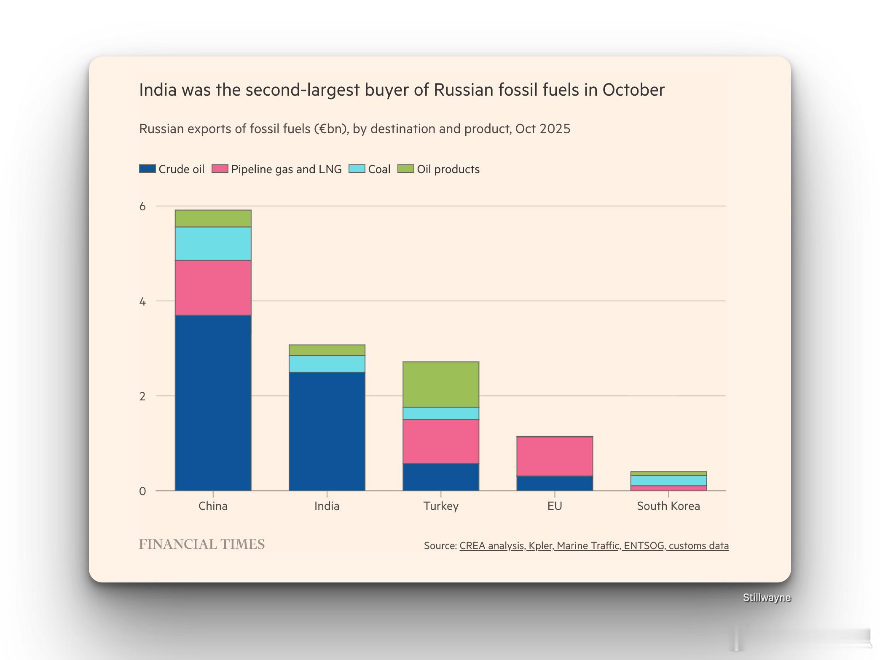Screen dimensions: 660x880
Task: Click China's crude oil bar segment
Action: (x=213, y=402)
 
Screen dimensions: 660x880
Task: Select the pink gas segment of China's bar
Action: (x=213, y=287)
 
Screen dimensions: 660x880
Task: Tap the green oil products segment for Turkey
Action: (x=441, y=384)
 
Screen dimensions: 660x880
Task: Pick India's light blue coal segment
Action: (x=327, y=363)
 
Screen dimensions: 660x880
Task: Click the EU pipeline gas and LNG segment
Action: (x=555, y=456)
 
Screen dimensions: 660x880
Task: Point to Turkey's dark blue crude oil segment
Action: (x=441, y=477)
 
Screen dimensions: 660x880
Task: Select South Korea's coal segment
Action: (x=668, y=480)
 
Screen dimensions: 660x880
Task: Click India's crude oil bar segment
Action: (x=327, y=431)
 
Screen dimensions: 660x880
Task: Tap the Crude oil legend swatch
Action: (x=148, y=169)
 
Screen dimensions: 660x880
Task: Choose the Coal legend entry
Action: (x=379, y=169)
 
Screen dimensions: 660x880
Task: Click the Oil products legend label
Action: (x=448, y=169)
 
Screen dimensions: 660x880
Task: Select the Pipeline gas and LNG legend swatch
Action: (x=220, y=169)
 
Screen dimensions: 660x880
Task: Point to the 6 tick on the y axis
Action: (x=142, y=206)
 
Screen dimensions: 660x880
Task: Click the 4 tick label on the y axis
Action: (x=142, y=301)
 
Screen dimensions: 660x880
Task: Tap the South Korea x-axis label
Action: (x=668, y=506)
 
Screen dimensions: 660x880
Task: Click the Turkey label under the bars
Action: (x=441, y=506)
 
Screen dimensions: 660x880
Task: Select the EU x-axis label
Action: (x=555, y=506)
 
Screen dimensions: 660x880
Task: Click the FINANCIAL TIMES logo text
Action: (x=202, y=545)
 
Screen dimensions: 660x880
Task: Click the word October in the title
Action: (x=633, y=90)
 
